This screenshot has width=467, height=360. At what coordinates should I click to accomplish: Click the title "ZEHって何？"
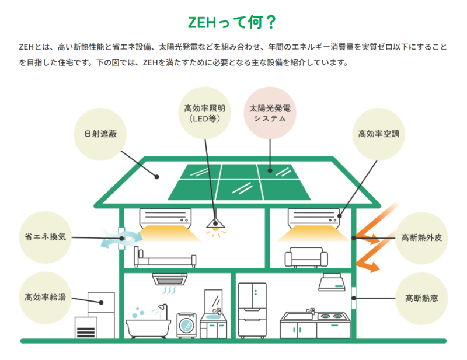(232, 22)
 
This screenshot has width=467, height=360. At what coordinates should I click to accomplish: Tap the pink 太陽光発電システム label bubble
(270, 113)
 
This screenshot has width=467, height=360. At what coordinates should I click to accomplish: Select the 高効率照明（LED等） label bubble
(205, 113)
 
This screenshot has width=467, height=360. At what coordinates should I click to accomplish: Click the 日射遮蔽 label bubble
(100, 134)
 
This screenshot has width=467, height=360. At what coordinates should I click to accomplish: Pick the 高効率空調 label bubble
(378, 134)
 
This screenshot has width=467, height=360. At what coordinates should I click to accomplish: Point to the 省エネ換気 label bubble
(46, 237)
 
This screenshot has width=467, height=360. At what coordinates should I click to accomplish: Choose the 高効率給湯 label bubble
(46, 298)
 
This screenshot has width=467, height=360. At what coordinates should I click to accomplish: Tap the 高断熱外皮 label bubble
(421, 237)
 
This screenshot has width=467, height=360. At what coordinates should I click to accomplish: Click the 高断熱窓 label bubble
(421, 298)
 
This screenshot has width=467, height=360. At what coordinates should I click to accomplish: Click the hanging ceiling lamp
(215, 223)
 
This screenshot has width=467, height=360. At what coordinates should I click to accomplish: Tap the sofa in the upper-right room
(306, 257)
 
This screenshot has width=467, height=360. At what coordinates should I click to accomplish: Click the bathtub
(148, 328)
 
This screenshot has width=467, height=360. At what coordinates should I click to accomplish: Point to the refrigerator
(252, 310)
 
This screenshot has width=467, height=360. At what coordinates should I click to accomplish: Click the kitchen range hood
(332, 282)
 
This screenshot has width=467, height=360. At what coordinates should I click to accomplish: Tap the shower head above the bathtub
(162, 307)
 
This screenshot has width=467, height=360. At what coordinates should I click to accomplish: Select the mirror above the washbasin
(213, 300)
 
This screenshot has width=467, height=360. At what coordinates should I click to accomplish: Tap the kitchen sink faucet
(311, 311)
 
